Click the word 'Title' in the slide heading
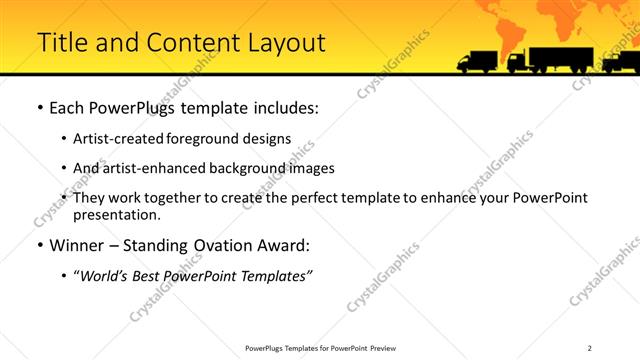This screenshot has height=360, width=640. (59, 43)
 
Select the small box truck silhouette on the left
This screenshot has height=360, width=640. (476, 62)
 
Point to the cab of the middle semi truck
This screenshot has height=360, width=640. (517, 63)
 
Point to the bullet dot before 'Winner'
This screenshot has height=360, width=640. (39, 245)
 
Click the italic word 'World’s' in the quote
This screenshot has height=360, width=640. (105, 275)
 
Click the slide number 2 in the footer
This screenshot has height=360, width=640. (590, 348)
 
